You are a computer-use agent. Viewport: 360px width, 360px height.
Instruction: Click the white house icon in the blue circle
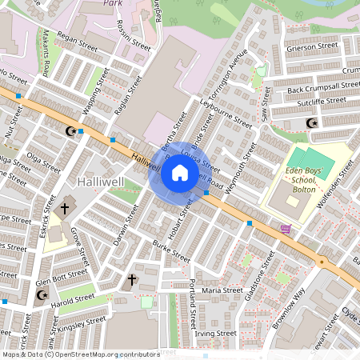point(180,172)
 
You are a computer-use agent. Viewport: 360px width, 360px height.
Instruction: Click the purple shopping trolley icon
point(286,229)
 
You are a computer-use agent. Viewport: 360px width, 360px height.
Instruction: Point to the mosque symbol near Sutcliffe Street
point(312,123)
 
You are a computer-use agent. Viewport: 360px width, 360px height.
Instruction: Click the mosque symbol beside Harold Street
point(42,295)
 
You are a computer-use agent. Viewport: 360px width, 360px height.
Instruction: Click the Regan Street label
point(78,39)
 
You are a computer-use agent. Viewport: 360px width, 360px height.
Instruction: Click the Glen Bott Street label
point(61,274)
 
